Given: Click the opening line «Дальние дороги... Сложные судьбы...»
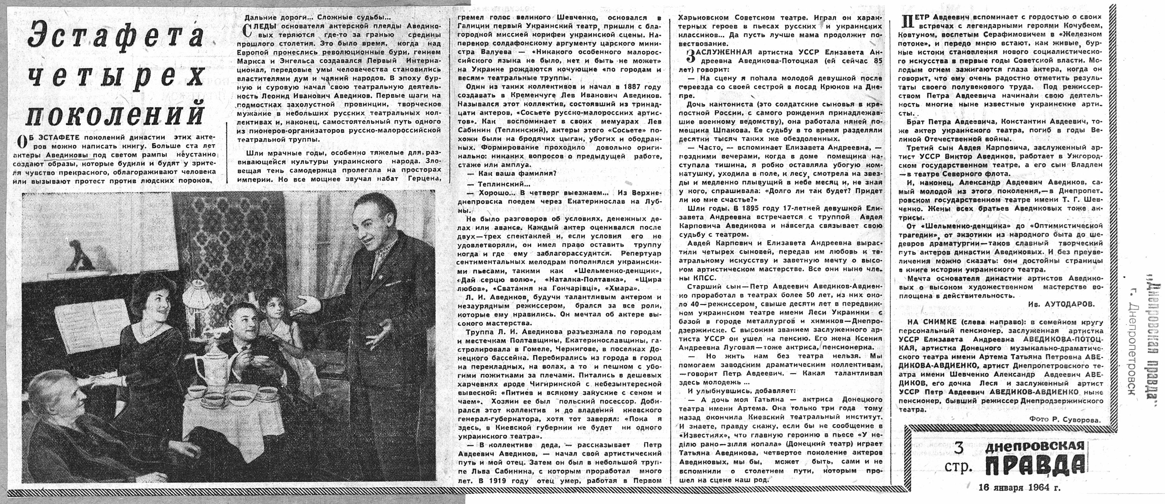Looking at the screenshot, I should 316,18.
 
